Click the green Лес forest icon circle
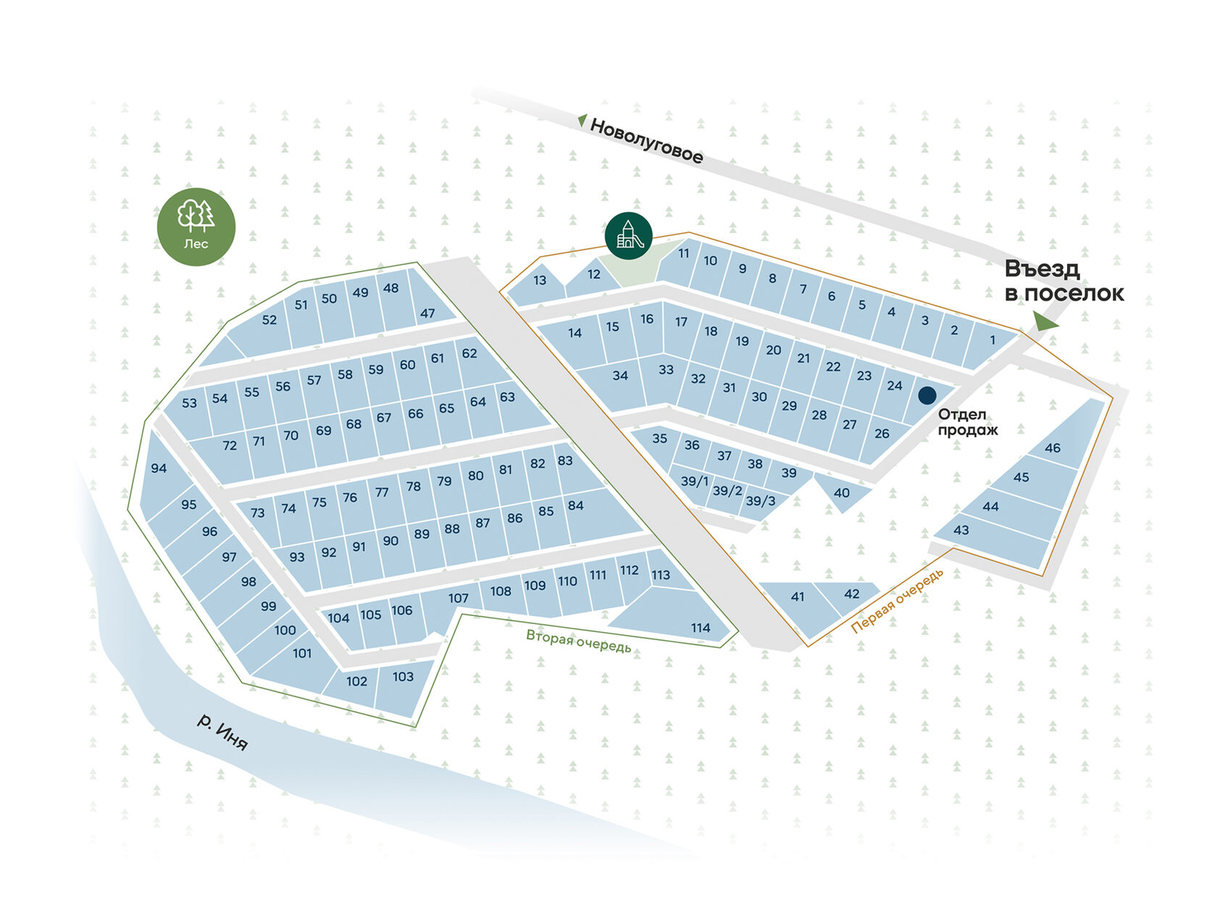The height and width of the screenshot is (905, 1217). [196, 227]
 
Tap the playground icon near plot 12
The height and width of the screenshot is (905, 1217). [628, 235]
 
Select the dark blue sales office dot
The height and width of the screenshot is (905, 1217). [927, 395]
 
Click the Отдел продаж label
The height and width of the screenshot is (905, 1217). [967, 422]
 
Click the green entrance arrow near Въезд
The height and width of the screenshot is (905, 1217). [1043, 321]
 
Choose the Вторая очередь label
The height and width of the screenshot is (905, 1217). [578, 641]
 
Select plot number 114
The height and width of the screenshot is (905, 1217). [700, 628]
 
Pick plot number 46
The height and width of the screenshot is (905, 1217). [1052, 448]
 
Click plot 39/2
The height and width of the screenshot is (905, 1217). [727, 491]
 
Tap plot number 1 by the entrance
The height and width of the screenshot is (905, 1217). [992, 340]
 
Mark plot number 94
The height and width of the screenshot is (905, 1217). [159, 468]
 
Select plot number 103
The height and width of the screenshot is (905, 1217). [403, 677]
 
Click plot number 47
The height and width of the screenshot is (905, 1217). [427, 313]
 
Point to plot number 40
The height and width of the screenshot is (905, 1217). [841, 493]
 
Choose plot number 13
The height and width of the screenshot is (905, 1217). [540, 280]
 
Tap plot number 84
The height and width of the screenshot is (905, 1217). [576, 505]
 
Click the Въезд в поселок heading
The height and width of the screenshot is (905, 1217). [1063, 281]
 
